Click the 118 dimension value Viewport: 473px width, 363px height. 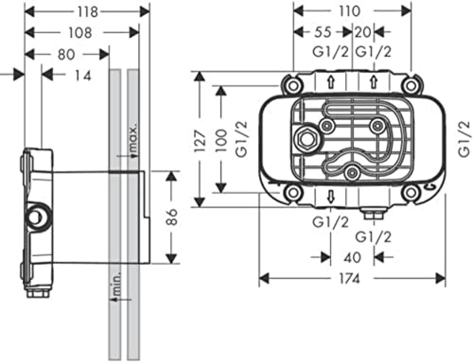(x=88, y=12)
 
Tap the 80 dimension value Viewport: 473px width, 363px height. (x=67, y=54)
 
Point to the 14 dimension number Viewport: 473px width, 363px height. (x=83, y=76)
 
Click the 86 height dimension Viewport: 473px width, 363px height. (x=172, y=217)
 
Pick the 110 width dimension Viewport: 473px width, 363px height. (x=349, y=12)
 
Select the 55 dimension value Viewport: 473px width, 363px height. (x=323, y=32)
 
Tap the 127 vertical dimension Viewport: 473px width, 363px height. (x=200, y=141)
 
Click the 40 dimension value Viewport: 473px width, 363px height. (x=352, y=258)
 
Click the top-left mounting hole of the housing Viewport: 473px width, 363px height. (x=292, y=86)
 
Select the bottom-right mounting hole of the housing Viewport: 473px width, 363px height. (x=411, y=193)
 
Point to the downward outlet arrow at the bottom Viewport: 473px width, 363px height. (x=331, y=197)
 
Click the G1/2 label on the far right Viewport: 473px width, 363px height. (x=464, y=139)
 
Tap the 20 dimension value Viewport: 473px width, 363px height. (x=363, y=32)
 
